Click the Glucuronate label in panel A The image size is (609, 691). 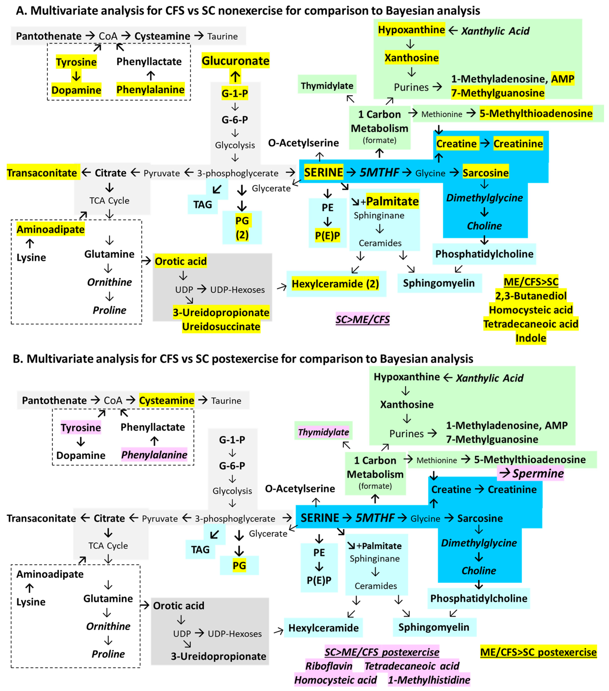point(235,61)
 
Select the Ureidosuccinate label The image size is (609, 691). point(221,327)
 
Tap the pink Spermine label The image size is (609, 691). point(538,473)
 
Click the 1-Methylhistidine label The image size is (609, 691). point(429,680)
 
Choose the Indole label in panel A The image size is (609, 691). point(531,338)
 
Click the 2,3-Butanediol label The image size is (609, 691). point(531,296)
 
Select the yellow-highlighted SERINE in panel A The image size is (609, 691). point(323,172)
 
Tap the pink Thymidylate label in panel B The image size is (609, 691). point(323,432)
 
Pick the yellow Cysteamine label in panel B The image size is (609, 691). point(167,400)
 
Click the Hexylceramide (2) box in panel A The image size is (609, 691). point(335,284)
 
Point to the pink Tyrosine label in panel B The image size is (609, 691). point(81,428)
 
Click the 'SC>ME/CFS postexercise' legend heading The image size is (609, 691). point(382,652)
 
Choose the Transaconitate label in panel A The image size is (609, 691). point(42,173)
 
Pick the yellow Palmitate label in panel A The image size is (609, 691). point(392,201)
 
